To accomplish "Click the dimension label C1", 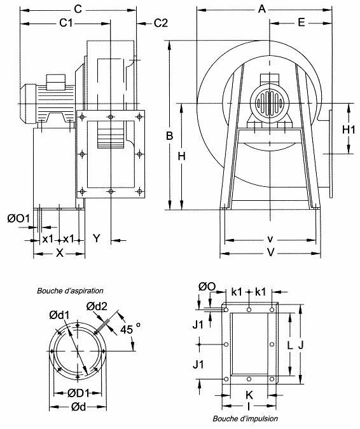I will click(x=66, y=23).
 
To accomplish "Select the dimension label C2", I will click(x=160, y=23).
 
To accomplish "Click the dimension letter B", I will click(x=169, y=136).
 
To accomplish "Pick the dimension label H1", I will click(x=348, y=129).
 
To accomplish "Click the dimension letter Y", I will click(x=97, y=239).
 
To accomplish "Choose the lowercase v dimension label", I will click(x=270, y=240).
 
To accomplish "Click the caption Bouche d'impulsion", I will click(x=245, y=419).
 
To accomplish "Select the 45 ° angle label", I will click(x=130, y=329).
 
